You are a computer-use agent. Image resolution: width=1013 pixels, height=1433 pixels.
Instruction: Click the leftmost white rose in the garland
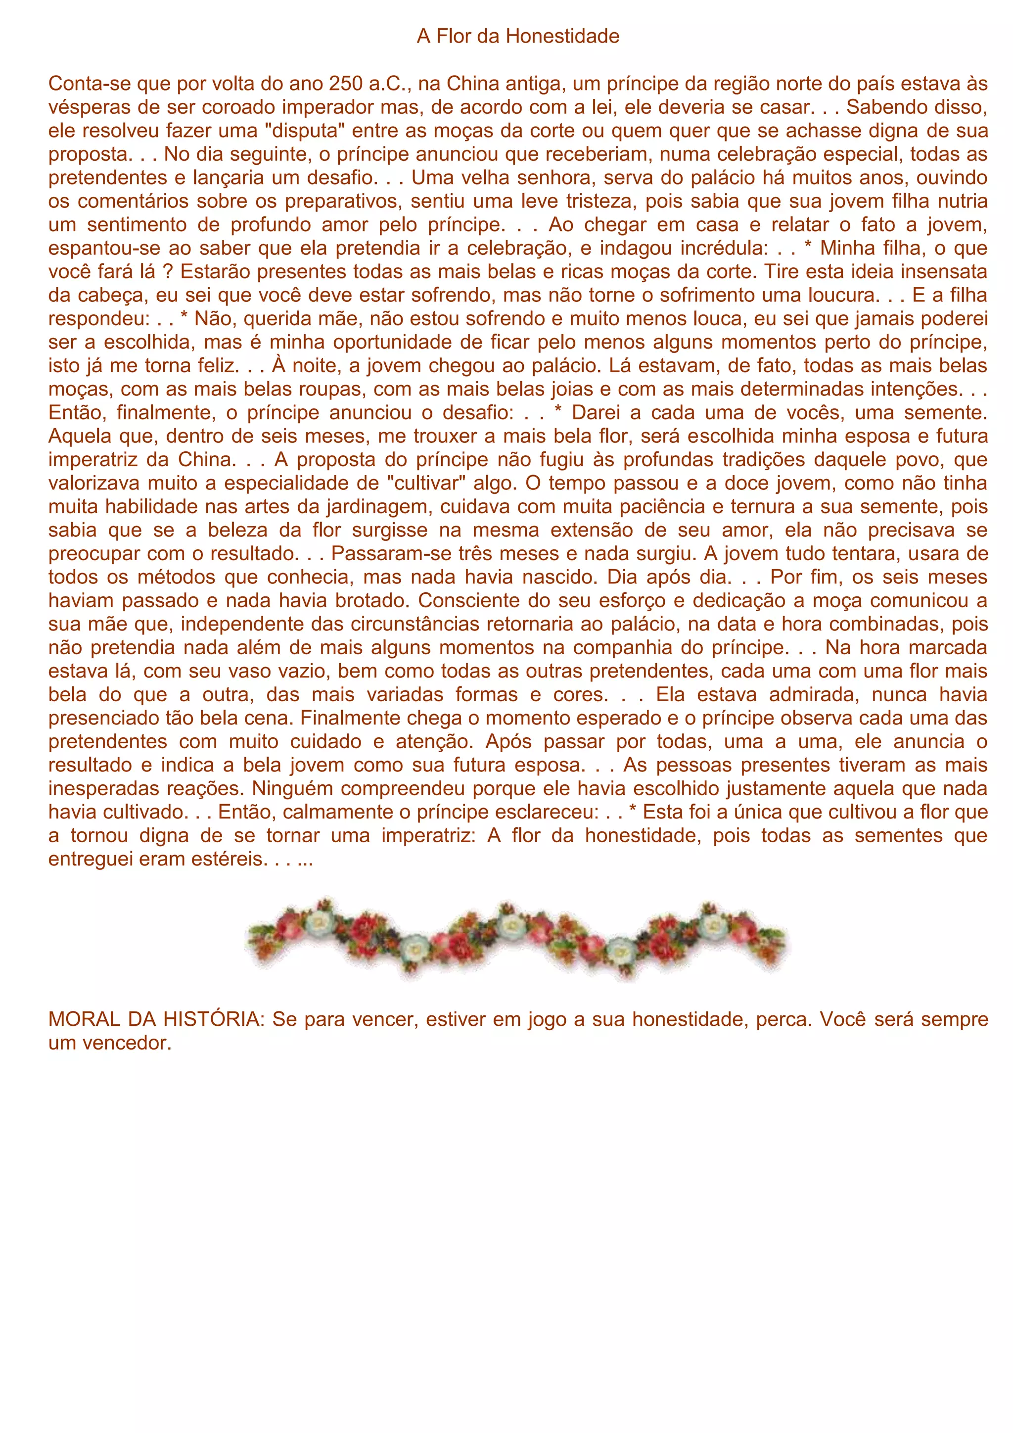point(320,922)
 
